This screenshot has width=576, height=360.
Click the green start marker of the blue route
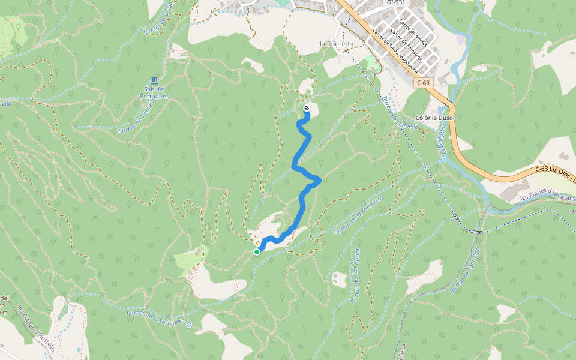pyautogui.click(x=257, y=251)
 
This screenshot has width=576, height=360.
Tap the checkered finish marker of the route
pyautogui.click(x=307, y=109)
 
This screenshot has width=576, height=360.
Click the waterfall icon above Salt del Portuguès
pyautogui.click(x=155, y=80)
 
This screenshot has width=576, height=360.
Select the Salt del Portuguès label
pyautogui.click(x=154, y=92)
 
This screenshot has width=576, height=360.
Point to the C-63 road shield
pyautogui.click(x=424, y=82)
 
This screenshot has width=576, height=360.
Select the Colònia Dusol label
pyautogui.click(x=435, y=118)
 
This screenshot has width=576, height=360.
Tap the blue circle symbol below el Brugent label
pyautogui.click(x=442, y=160)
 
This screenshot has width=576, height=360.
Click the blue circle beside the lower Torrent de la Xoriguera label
pyautogui.click(x=189, y=325)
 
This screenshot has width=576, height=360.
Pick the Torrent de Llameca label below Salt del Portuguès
pyautogui.click(x=136, y=116)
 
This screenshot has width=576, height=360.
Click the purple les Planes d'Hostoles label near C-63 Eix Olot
pyautogui.click(x=547, y=197)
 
